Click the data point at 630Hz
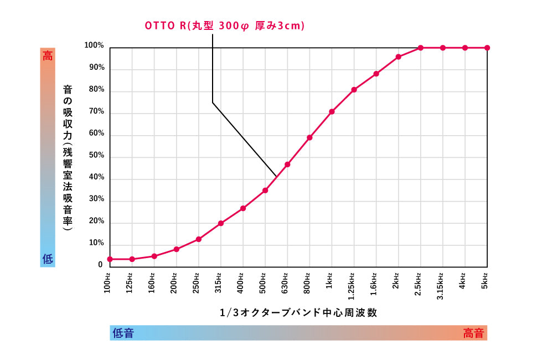(x=287, y=164)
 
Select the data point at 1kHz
(x=332, y=112)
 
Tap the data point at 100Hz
(x=110, y=259)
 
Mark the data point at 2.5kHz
(x=420, y=48)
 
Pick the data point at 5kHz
(x=487, y=48)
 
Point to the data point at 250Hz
(x=199, y=239)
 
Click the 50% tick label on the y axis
(x=96, y=156)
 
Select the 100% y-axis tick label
(x=94, y=45)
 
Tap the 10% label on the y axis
(x=96, y=243)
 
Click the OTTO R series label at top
(x=225, y=26)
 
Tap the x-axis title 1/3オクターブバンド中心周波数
(x=298, y=312)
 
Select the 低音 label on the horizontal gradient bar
(x=123, y=333)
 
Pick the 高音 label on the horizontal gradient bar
(x=473, y=333)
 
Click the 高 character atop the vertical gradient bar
(x=48, y=55)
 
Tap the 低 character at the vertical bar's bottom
(x=48, y=259)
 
